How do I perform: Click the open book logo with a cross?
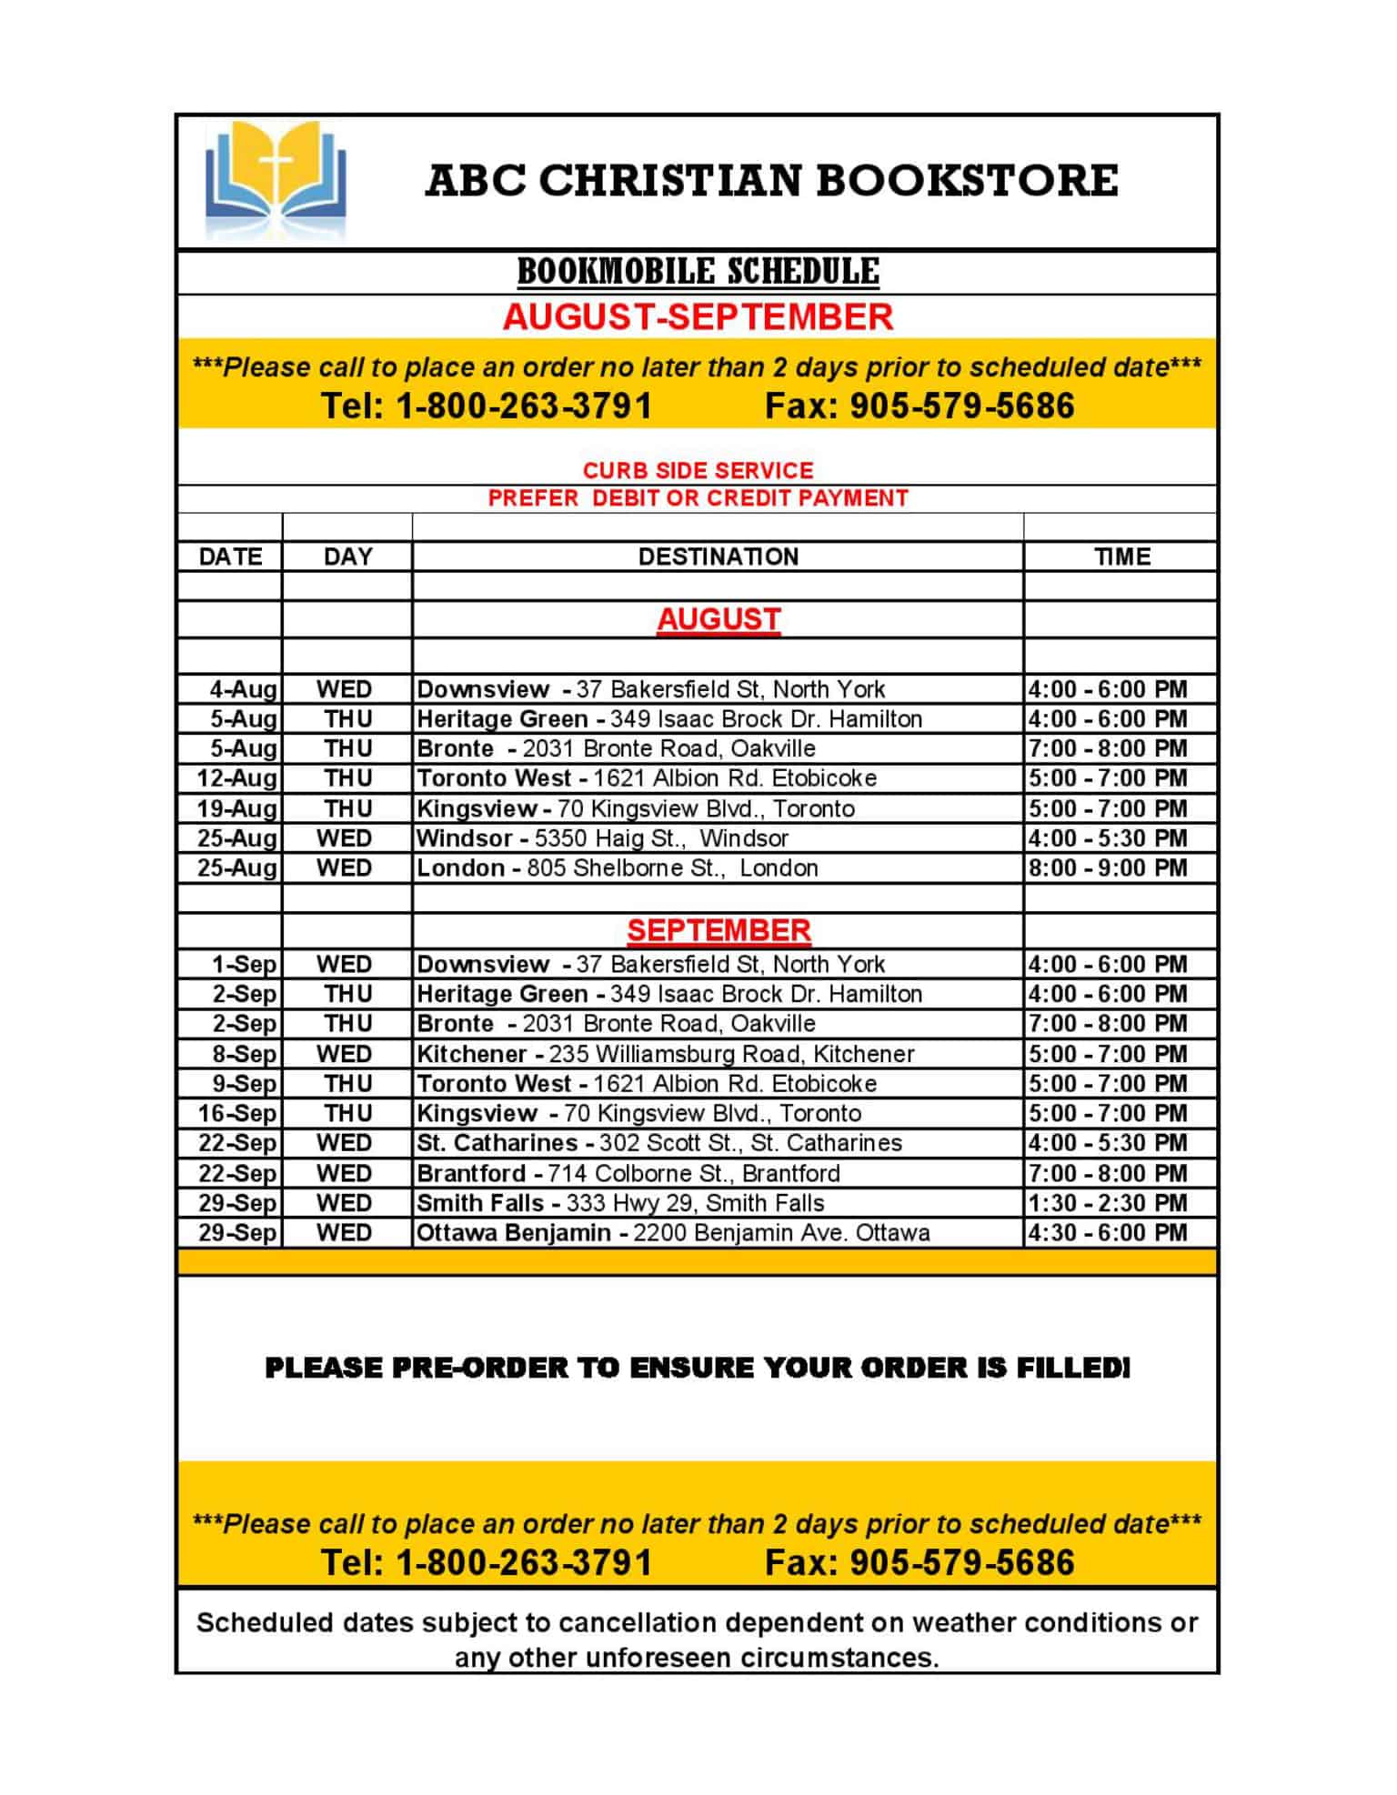pos(276,180)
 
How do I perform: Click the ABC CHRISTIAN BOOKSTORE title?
pos(771,180)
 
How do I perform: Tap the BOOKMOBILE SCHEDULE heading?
pos(698,271)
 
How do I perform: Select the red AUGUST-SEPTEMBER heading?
pos(698,317)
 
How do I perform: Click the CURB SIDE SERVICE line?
pos(698,470)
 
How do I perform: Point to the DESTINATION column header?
pos(718,557)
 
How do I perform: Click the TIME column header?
pos(1121,557)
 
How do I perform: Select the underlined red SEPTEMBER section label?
pos(718,930)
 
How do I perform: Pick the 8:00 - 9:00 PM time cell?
pos(1108,868)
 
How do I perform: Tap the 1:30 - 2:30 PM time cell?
pos(1108,1203)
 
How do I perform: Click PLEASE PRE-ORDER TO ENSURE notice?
pos(697,1368)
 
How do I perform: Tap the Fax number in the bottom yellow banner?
pos(920,1562)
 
